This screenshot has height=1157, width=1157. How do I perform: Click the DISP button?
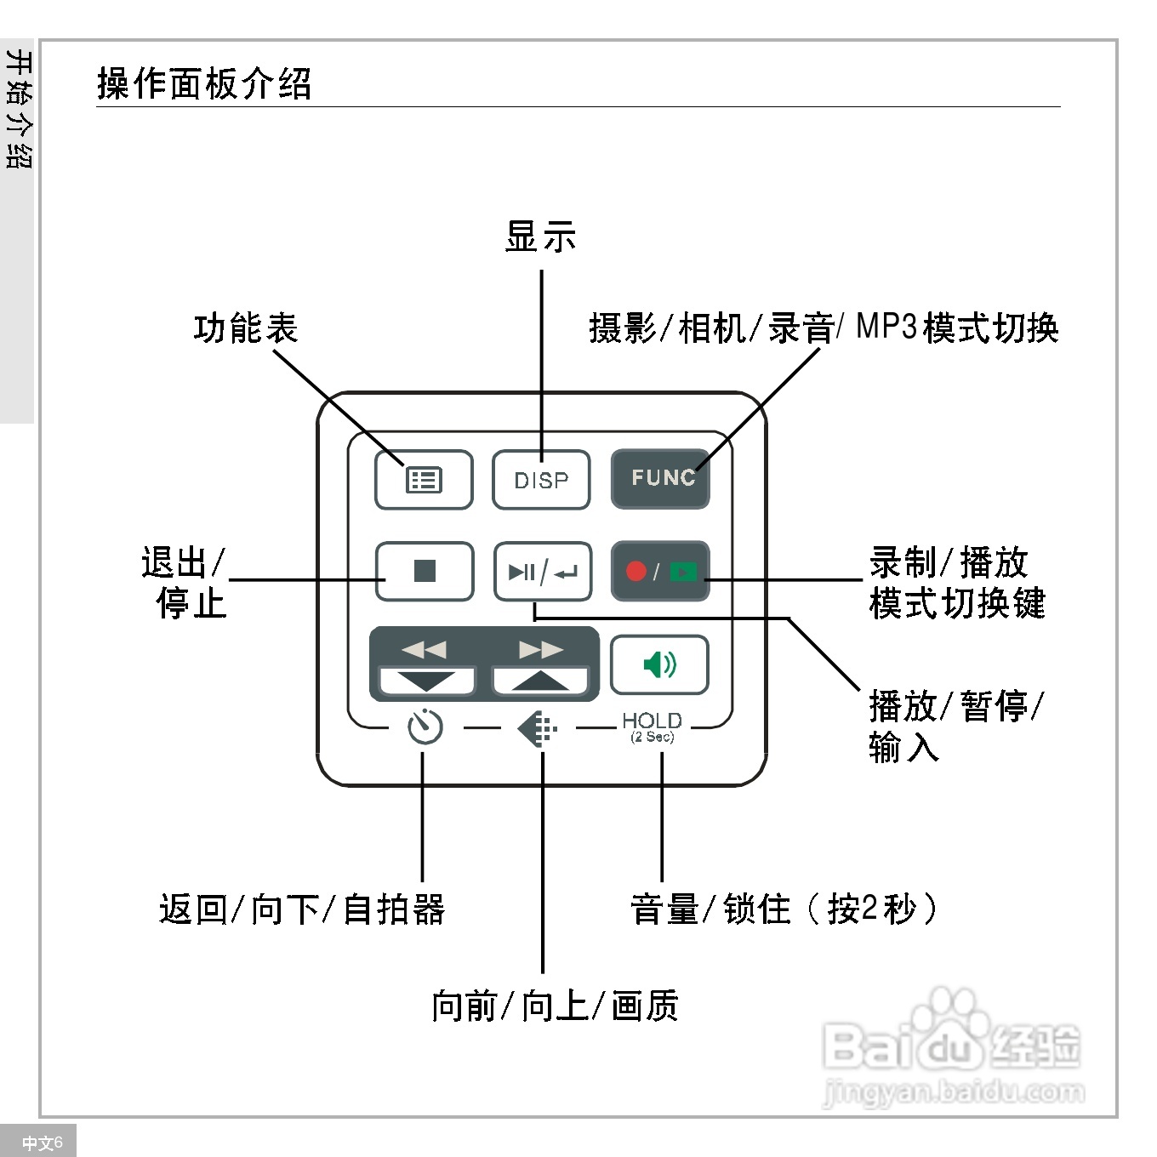tap(541, 480)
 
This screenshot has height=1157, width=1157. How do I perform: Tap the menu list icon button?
tap(424, 480)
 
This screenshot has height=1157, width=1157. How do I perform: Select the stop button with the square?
tap(425, 571)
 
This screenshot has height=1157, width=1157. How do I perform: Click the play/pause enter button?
tap(542, 572)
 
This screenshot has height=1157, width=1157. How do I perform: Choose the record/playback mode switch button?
tap(660, 572)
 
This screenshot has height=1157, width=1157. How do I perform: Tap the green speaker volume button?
tap(659, 664)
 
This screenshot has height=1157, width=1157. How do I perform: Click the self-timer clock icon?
tap(425, 727)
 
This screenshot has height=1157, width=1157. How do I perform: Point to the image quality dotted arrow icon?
tap(538, 729)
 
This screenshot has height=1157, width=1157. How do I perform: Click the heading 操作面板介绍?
tap(204, 83)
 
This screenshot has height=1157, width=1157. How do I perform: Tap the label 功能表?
tap(246, 328)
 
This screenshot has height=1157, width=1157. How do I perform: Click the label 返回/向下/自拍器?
tap(302, 909)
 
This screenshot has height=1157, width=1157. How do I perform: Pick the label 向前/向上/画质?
tap(555, 1006)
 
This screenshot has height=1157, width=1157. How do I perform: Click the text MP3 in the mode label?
tap(886, 327)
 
